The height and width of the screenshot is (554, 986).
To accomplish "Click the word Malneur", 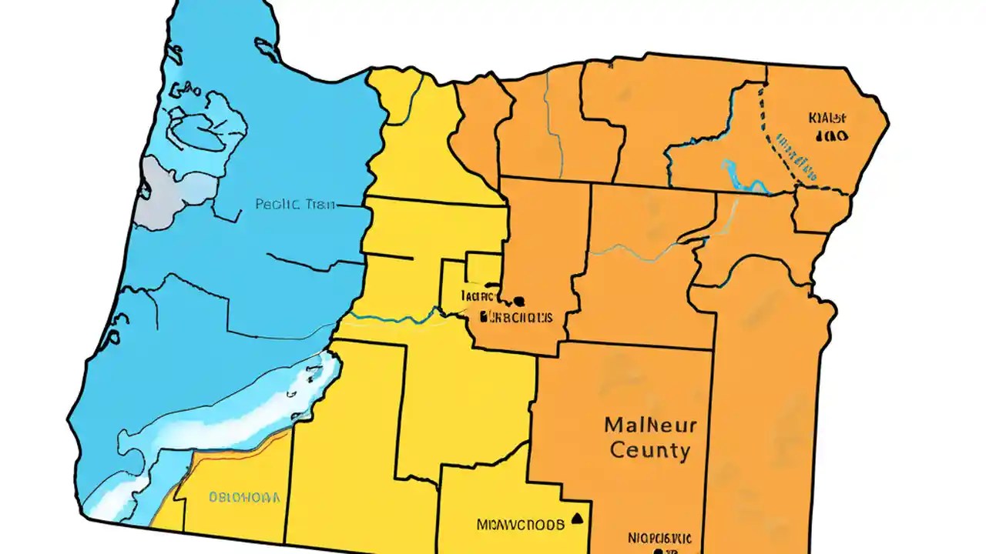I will pos(650,425).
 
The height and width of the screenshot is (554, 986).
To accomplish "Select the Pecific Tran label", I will pos(294,205).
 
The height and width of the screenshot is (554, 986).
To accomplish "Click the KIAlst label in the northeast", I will pos(827,118).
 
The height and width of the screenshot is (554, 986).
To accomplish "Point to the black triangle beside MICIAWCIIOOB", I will pos(577,518).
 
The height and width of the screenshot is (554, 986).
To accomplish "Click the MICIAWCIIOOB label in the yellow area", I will pos(520,525).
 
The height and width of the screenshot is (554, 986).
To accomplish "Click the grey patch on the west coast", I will pos(166,192).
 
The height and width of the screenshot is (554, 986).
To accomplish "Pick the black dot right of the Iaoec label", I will pos(518,301).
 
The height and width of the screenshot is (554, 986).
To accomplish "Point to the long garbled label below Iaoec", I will pos(515,316).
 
